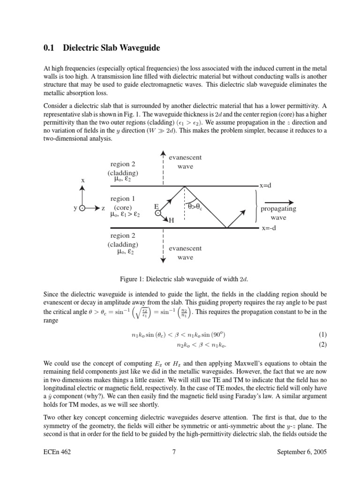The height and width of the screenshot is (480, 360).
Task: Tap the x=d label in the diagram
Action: coord(265,186)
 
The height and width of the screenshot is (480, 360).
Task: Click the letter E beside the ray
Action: coord(157,206)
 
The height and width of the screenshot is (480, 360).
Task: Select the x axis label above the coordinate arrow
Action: coord(83,180)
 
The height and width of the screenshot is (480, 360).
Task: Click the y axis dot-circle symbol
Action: coord(82,209)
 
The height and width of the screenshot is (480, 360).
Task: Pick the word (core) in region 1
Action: coord(123,208)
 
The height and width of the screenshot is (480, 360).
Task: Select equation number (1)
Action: coord(322,335)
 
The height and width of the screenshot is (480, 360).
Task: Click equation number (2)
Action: coord(322,345)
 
